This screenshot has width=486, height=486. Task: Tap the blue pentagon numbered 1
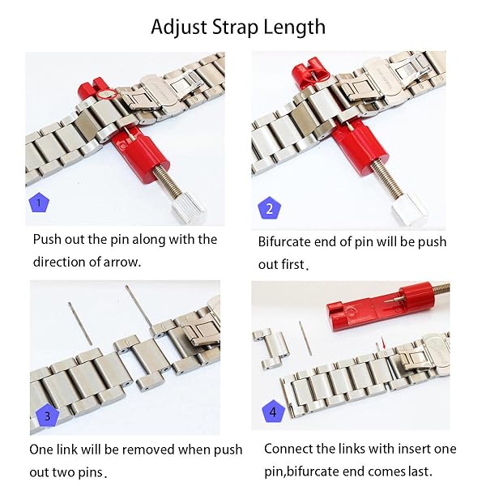[36, 202]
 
